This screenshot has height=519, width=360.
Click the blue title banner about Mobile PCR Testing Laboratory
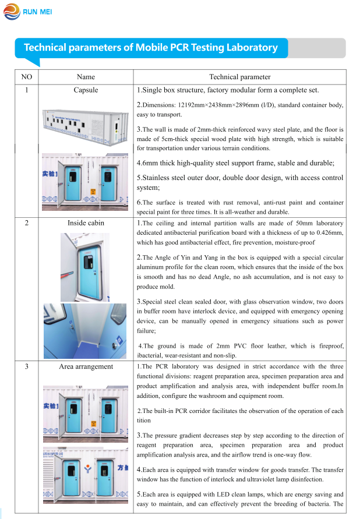(x=150, y=48)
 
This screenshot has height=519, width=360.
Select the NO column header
(x=26, y=77)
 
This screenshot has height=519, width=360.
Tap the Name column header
(x=86, y=77)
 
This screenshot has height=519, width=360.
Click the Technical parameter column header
(x=240, y=77)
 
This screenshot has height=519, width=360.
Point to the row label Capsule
(x=86, y=90)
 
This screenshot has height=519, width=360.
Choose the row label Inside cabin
(x=86, y=223)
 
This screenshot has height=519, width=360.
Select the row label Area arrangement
(x=86, y=366)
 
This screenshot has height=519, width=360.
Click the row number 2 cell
(x=26, y=223)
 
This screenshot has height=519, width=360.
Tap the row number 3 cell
(x=26, y=366)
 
